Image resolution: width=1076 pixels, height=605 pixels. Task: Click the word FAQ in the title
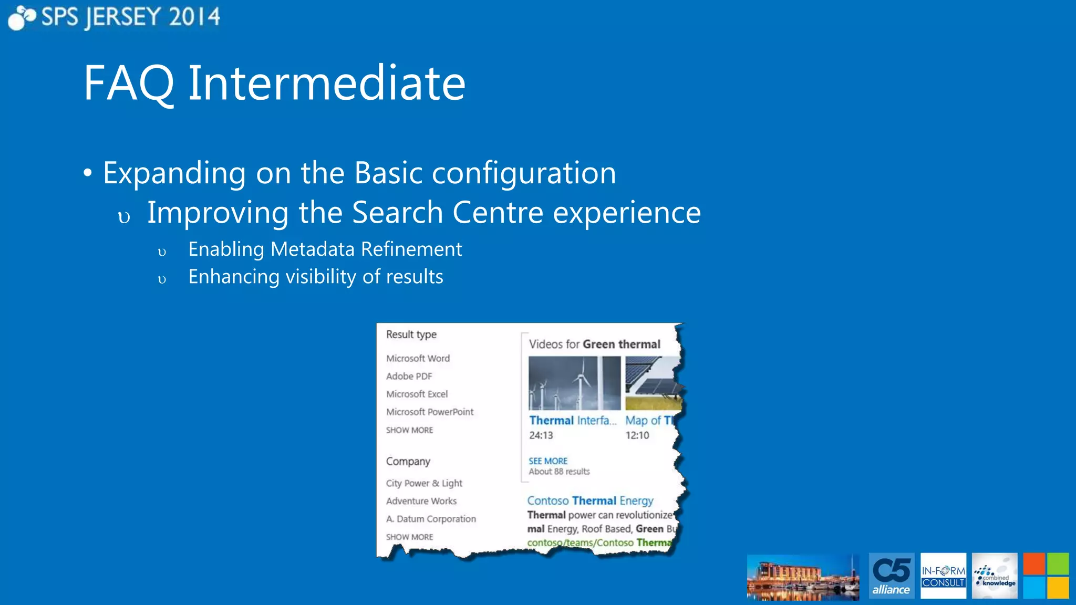[129, 84]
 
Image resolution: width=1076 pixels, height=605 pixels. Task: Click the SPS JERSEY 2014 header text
[130, 17]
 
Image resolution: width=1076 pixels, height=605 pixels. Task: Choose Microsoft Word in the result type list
[418, 358]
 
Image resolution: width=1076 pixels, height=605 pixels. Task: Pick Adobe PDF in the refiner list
[409, 376]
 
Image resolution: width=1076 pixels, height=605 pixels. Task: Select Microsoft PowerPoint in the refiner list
[429, 412]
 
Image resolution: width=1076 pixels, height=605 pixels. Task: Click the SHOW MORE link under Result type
[409, 430]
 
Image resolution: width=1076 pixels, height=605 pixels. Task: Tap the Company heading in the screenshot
[408, 461]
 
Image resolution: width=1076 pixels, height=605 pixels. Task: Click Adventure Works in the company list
[421, 501]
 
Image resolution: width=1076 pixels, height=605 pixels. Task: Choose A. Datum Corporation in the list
[431, 519]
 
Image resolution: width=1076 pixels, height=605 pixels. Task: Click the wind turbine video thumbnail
[574, 383]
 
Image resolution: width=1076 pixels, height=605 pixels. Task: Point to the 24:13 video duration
[541, 435]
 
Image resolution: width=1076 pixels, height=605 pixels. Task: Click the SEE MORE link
[547, 461]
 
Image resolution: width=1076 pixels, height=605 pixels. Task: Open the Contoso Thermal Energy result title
[590, 500]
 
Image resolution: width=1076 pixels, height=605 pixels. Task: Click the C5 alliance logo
[891, 576]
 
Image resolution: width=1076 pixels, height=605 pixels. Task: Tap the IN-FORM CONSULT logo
[943, 576]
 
